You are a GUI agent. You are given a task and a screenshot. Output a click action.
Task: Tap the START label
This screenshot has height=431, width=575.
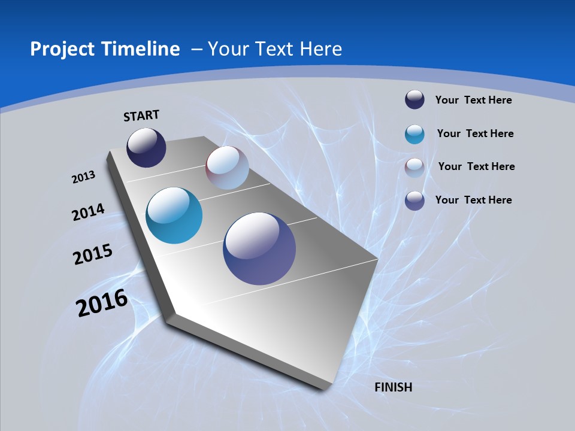click(141, 116)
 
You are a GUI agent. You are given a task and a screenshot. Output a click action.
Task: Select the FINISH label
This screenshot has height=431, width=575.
click(393, 387)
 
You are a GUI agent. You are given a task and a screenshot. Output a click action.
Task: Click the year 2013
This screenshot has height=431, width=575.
click(84, 177)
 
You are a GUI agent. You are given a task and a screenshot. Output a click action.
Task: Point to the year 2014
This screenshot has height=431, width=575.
click(88, 212)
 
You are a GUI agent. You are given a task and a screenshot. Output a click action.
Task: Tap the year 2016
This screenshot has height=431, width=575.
click(102, 303)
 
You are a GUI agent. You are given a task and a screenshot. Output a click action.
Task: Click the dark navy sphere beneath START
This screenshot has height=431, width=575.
click(146, 148)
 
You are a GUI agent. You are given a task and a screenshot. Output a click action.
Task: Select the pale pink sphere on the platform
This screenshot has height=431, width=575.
click(227, 168)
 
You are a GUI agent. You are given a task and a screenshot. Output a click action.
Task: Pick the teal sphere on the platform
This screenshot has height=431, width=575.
click(174, 215)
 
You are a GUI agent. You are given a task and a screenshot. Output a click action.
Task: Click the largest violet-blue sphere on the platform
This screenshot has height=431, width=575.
click(259, 248)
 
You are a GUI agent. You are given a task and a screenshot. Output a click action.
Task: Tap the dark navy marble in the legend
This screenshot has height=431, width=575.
click(414, 100)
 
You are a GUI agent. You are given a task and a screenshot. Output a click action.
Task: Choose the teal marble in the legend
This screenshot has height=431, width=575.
click(414, 134)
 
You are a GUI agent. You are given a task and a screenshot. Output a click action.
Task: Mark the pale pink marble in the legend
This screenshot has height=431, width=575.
click(414, 168)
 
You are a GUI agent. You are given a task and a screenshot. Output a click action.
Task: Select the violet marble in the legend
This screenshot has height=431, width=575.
click(414, 201)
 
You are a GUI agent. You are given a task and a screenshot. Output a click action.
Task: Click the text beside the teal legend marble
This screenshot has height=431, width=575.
click(475, 133)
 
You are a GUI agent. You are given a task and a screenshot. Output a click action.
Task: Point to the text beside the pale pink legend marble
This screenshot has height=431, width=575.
click(476, 166)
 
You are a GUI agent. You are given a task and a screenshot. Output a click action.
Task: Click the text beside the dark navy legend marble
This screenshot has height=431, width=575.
click(473, 100)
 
